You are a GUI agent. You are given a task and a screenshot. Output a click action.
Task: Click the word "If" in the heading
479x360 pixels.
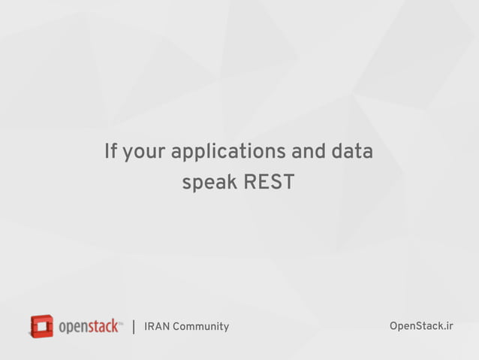coord(111,152)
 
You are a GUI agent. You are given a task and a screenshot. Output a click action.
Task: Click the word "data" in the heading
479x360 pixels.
coord(352,152)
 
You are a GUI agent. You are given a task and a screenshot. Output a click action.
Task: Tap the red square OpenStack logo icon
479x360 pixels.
coord(41,326)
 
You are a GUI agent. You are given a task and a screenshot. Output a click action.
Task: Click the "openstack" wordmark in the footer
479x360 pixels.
coord(88,327)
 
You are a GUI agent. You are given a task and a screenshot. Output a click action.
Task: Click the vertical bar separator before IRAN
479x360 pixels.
coord(134,327)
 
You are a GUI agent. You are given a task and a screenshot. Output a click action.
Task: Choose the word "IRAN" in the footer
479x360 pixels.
coord(157,326)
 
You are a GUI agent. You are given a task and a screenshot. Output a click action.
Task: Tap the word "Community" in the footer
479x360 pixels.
coord(200,326)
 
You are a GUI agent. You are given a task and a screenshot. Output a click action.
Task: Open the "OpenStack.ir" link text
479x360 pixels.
coord(421,325)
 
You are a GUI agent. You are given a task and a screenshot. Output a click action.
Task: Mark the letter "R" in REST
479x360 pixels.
coord(250,182)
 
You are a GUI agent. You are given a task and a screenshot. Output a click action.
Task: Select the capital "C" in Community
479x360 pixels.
coord(176,326)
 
